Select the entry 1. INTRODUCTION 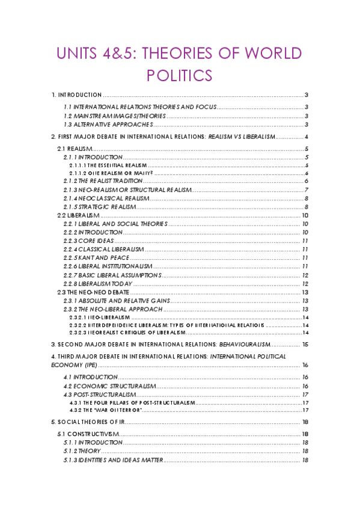tap(76, 95)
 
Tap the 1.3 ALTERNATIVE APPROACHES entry tap(109, 124)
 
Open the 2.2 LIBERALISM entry tap(78, 215)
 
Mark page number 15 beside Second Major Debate tap(305, 345)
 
